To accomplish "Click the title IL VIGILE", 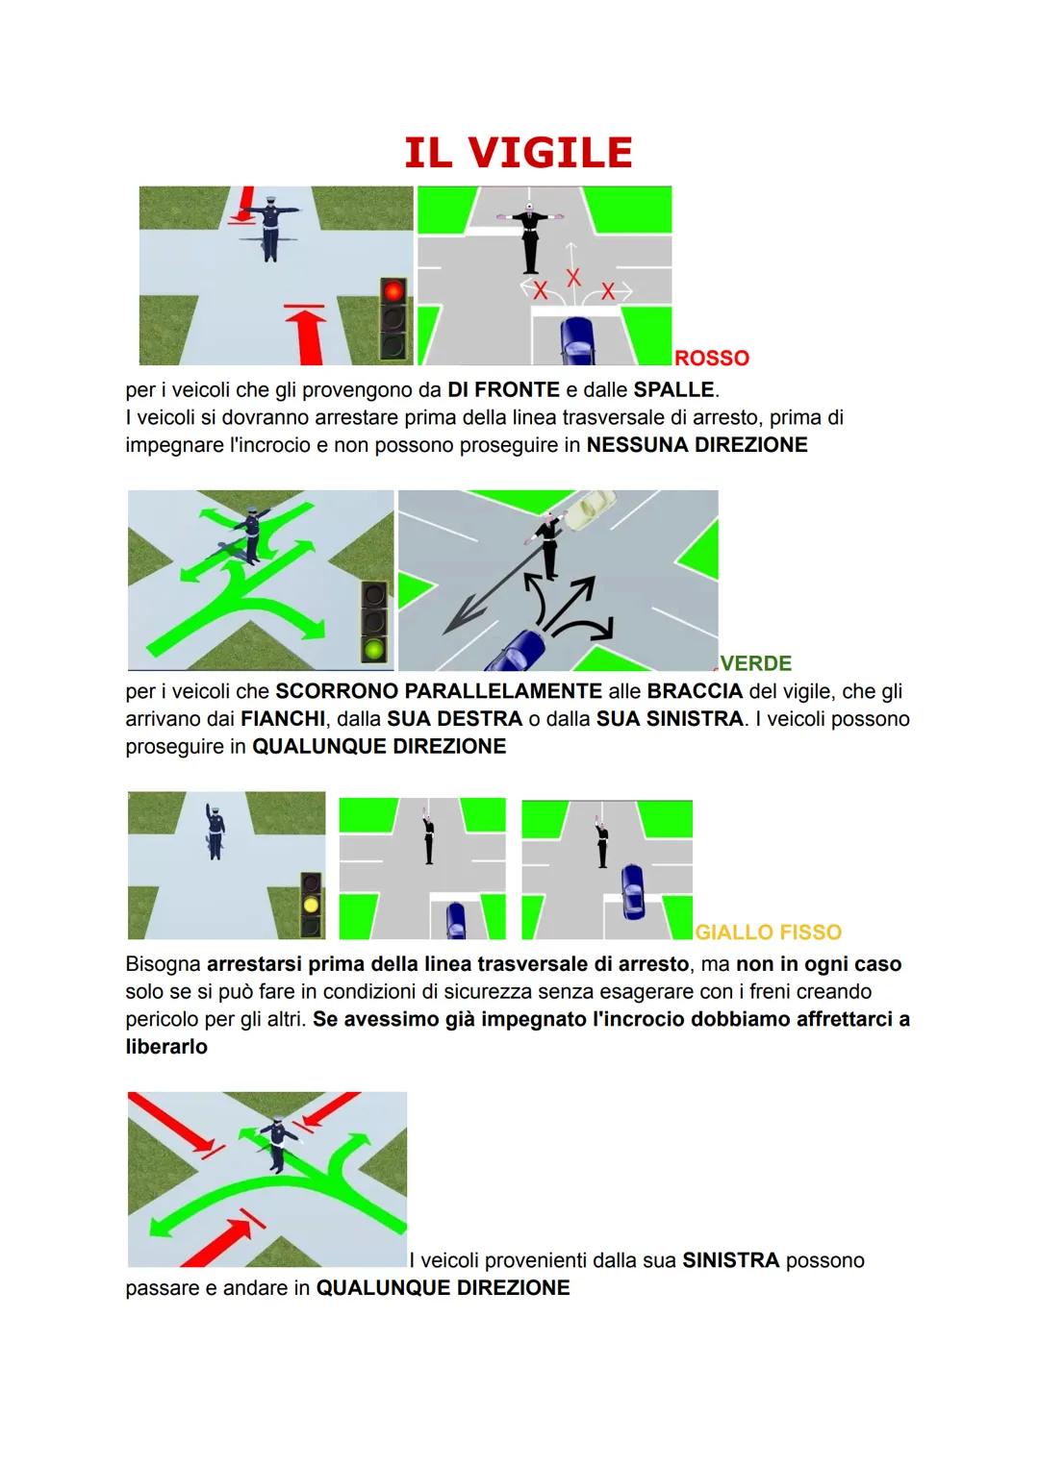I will point(519,153).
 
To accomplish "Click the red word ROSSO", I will point(712,358).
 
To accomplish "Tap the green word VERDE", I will point(756,663).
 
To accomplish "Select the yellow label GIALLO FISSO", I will point(768,932).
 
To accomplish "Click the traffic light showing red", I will point(393,318).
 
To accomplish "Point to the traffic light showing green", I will point(374,624).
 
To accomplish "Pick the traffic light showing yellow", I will point(311,905).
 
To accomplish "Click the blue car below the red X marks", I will point(577,341).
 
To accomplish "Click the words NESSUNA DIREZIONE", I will point(697,445).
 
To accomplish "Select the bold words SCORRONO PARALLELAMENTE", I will point(439,691).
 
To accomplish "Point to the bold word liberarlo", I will point(166,1047).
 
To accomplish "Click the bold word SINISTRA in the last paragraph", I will point(730,1260).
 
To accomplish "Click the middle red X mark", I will point(573,278).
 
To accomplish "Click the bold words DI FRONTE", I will point(503,390).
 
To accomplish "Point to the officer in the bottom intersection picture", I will point(278,1142).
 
